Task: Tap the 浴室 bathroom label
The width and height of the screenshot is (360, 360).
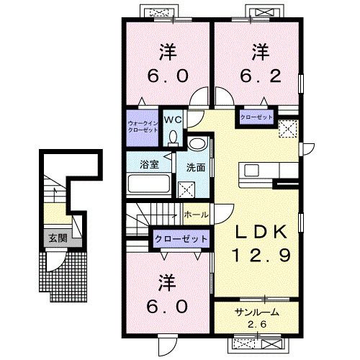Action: click(x=149, y=163)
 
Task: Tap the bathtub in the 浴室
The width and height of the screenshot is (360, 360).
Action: click(x=149, y=184)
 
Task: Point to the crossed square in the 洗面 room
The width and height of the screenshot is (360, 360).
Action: click(x=186, y=190)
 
